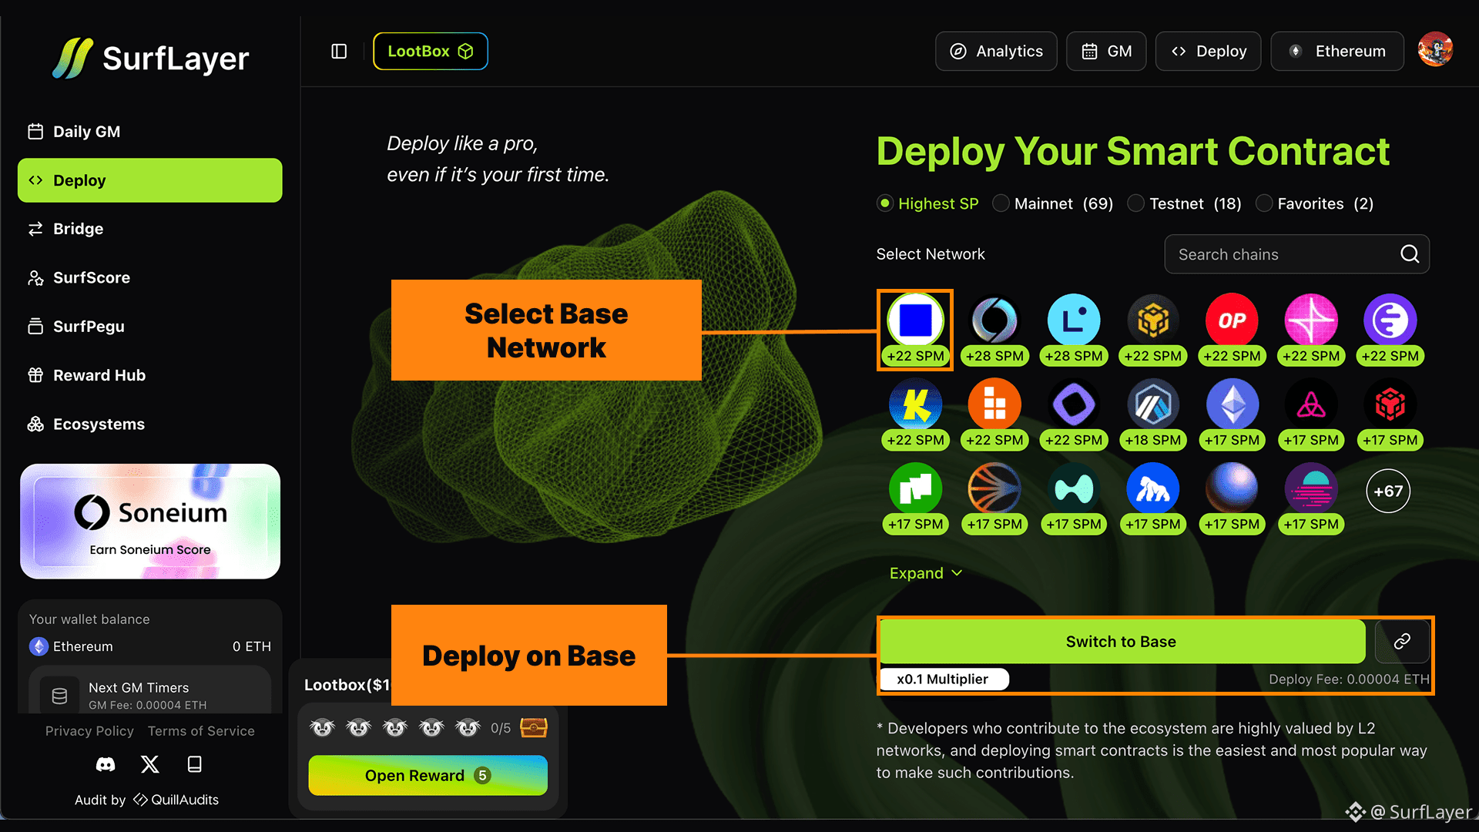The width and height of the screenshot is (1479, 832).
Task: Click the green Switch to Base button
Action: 1122,642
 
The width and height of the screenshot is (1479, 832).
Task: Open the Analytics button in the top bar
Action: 996,52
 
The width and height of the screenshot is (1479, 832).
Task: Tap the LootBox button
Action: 430,52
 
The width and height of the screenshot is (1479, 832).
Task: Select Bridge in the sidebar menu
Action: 78,229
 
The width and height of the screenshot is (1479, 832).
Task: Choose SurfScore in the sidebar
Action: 91,277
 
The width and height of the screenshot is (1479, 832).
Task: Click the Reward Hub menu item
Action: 99,375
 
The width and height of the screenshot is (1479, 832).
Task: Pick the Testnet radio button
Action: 1136,203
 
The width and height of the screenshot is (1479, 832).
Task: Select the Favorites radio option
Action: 1264,203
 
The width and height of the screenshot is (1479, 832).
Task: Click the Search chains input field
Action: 1283,254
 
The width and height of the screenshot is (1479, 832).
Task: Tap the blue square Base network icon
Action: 915,320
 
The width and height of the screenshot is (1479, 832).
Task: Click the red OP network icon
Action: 1232,320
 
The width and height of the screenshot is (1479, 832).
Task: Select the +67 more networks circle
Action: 1388,491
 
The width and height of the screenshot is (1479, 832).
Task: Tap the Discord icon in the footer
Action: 106,764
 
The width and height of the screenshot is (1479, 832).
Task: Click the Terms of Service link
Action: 201,731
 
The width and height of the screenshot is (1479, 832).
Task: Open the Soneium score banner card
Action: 150,522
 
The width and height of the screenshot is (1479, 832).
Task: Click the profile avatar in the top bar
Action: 1435,50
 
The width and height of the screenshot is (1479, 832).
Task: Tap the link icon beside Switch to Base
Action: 1402,642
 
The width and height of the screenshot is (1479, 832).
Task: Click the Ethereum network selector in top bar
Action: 1337,52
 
